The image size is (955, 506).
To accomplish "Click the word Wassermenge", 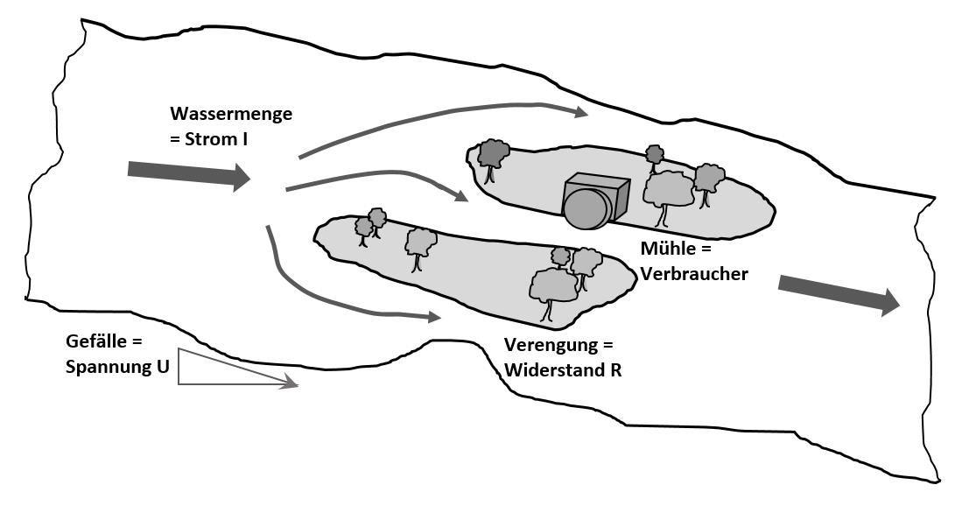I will [231, 114].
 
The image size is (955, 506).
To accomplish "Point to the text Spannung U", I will [117, 367].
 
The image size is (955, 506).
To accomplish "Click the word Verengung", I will [547, 345].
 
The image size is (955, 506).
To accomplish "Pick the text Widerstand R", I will [563, 369].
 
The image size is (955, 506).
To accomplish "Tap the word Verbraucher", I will [694, 273].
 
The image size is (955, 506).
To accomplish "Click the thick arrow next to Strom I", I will [188, 173].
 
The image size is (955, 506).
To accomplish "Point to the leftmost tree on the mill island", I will [494, 157].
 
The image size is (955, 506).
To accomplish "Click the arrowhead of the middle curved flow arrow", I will [461, 197].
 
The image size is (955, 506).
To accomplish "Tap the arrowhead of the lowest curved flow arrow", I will [432, 317].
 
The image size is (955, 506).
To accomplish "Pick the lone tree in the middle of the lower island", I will [421, 245].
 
